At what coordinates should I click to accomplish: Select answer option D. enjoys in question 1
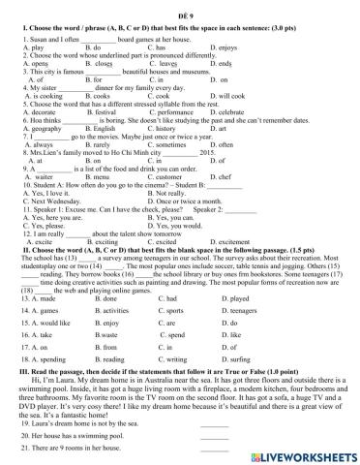pyautogui.click(x=225, y=46)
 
